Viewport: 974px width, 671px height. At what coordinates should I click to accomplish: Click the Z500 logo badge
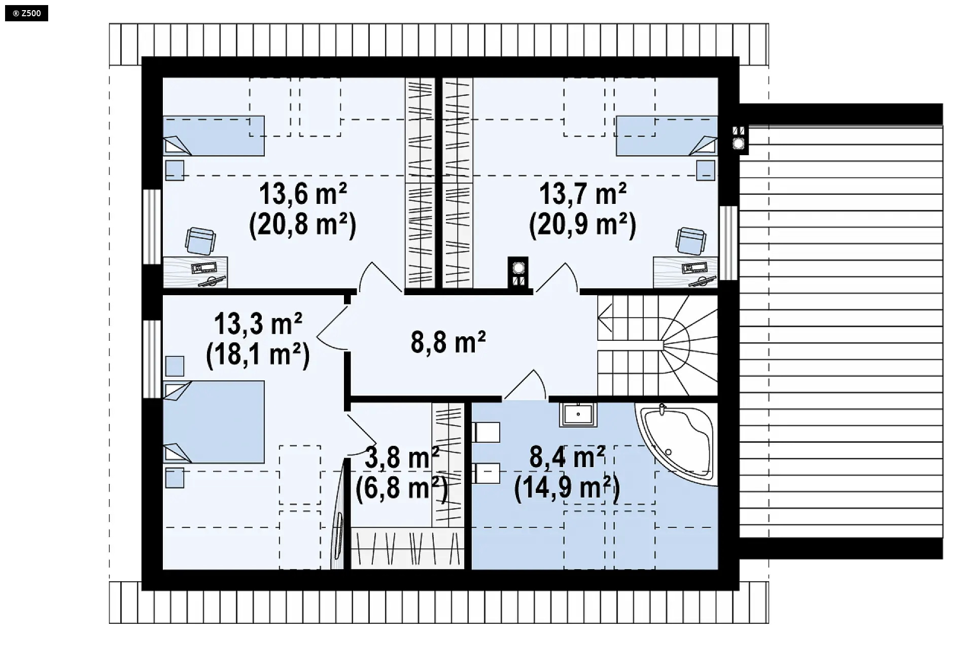pyautogui.click(x=26, y=13)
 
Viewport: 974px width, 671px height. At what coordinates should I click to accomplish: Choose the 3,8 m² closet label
pyautogui.click(x=402, y=458)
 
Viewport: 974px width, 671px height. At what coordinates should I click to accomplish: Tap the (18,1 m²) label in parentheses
pyautogui.click(x=258, y=355)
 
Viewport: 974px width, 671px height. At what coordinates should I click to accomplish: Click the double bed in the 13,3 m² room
pyautogui.click(x=214, y=422)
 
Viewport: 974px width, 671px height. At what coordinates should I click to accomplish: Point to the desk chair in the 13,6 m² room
pyautogui.click(x=200, y=240)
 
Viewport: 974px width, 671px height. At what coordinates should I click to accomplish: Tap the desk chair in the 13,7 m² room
pyautogui.click(x=690, y=240)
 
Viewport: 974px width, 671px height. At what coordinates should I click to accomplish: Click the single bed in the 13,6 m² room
pyautogui.click(x=214, y=135)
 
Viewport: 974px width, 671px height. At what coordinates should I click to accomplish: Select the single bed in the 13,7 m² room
pyautogui.click(x=667, y=135)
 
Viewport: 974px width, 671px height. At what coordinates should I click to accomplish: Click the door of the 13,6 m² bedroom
pyautogui.click(x=380, y=277)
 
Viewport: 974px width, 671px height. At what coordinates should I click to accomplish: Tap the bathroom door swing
pyautogui.click(x=525, y=385)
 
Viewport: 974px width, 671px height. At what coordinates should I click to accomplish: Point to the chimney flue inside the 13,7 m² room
pyautogui.click(x=518, y=272)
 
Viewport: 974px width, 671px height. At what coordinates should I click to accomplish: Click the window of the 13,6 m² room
pyautogui.click(x=152, y=227)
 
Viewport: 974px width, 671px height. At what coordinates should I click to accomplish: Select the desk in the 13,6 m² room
pyautogui.click(x=195, y=272)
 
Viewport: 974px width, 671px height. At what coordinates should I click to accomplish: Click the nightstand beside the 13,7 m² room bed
pyautogui.click(x=706, y=170)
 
